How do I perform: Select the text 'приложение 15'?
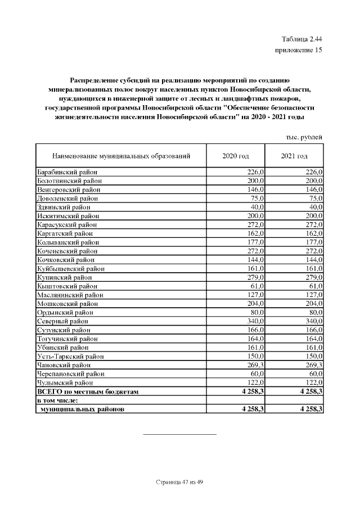tap(298, 50)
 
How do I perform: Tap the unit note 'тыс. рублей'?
tap(304, 137)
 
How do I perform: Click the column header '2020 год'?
tap(236, 155)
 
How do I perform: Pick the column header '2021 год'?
tap(294, 155)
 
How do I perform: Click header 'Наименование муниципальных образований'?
tap(121, 155)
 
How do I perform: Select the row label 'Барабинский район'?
tap(67, 172)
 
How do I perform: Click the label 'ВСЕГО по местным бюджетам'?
tap(87, 391)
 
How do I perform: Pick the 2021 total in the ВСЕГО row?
tap(309, 391)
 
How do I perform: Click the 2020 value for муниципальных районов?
tap(252, 409)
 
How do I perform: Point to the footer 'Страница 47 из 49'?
tap(179, 482)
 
